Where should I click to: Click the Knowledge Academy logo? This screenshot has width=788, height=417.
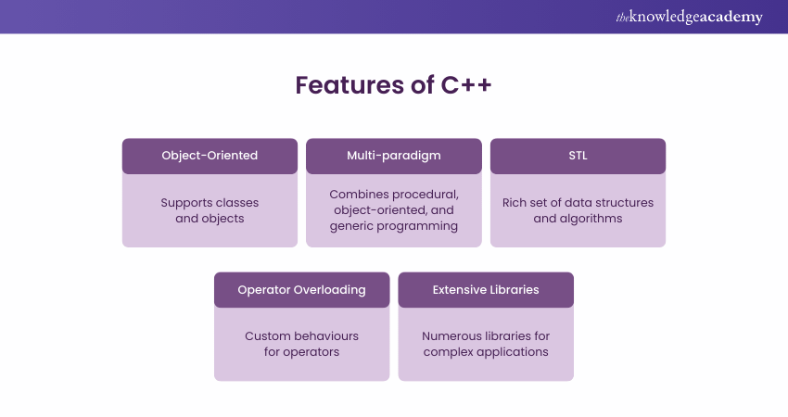(689, 17)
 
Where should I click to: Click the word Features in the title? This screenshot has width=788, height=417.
(350, 85)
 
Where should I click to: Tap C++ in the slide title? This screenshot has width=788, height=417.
(466, 85)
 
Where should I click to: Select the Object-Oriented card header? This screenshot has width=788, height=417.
(210, 156)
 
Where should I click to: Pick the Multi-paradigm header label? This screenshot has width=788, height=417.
(394, 156)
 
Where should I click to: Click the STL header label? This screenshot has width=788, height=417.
(578, 156)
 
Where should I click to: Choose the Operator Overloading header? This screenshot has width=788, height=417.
(301, 290)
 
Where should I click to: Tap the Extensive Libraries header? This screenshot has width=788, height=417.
(486, 290)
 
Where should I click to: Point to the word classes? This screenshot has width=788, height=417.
(237, 202)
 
